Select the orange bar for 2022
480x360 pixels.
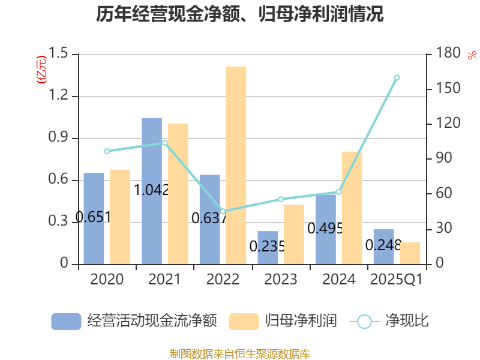236,165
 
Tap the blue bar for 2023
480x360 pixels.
268,247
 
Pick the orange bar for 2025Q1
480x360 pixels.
410,253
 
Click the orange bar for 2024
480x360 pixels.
352,208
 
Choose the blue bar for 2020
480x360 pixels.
94,218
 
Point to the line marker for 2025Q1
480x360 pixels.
397,77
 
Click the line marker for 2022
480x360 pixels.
223,211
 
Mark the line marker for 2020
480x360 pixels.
107,151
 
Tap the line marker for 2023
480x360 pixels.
281,199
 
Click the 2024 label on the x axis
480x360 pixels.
339,280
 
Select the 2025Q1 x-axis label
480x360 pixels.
396,280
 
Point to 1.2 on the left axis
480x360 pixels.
58,97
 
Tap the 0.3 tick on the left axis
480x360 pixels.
58,223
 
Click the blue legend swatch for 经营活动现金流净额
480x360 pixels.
66,321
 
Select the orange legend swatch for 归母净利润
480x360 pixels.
244,321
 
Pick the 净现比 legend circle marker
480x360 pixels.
364,321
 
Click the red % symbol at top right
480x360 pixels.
472,55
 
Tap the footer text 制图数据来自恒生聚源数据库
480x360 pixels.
240,353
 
